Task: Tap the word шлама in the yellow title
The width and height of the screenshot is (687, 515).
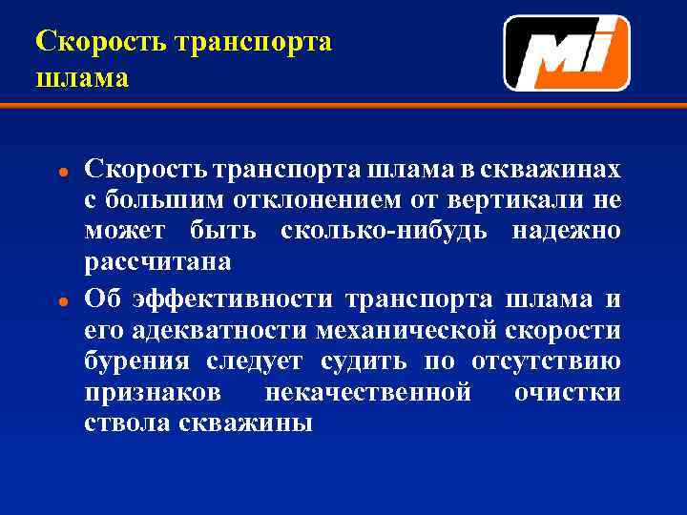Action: (81, 76)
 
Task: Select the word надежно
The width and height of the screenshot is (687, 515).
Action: (566, 232)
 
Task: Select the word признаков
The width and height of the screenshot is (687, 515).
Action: (153, 393)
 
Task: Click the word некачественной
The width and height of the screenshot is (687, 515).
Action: (367, 393)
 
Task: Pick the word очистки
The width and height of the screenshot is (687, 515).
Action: (567, 393)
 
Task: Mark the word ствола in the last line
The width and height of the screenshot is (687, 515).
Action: (127, 422)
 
